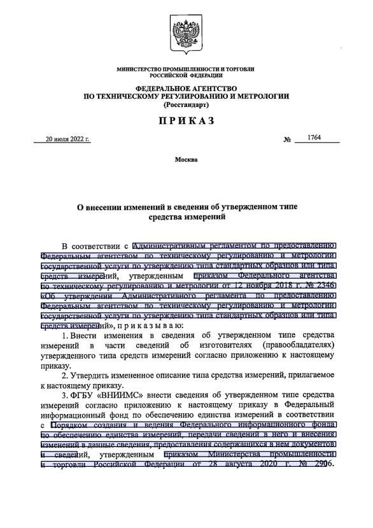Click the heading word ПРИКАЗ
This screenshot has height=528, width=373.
[x=186, y=121]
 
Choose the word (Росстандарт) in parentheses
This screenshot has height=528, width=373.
[x=186, y=104]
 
